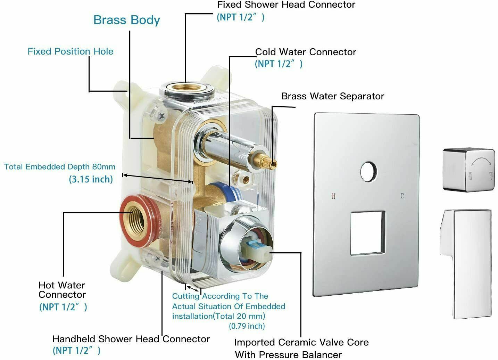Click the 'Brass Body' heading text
126,20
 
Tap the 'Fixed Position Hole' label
70,51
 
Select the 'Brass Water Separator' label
333,96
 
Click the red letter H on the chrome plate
333,196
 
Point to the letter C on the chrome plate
402,196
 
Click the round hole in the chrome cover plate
368,172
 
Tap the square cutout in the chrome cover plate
368,233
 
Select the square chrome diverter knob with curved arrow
468,170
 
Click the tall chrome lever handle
466,264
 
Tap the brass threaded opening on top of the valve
187,88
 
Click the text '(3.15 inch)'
91,179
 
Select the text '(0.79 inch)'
247,326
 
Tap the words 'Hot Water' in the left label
61,285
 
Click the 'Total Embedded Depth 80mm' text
60,167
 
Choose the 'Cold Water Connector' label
306,52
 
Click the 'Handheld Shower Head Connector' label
131,339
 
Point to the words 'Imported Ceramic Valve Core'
301,342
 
